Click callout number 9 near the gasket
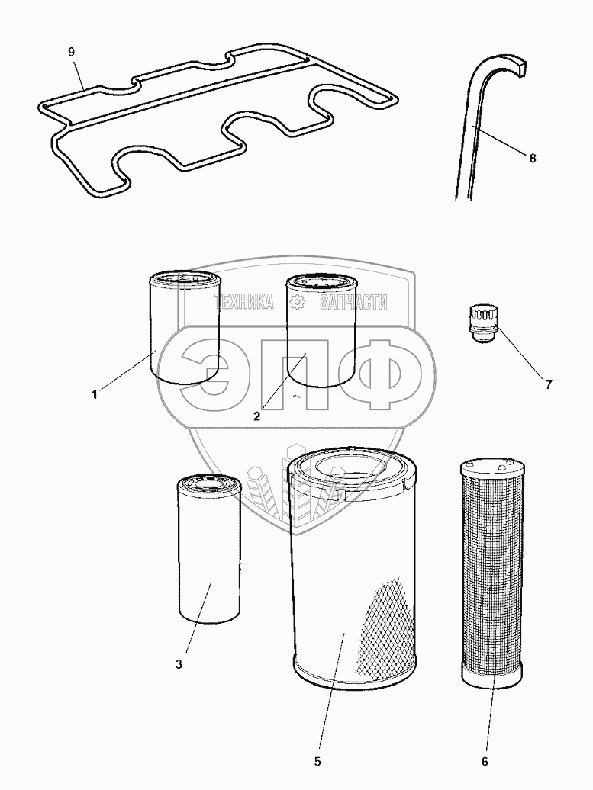71,52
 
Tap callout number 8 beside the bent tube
533,158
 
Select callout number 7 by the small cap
549,384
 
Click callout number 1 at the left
95,395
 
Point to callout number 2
256,416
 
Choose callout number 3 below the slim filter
179,664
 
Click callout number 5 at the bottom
317,761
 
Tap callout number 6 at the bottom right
485,761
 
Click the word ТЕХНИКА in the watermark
244,302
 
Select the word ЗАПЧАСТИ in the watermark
353,302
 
